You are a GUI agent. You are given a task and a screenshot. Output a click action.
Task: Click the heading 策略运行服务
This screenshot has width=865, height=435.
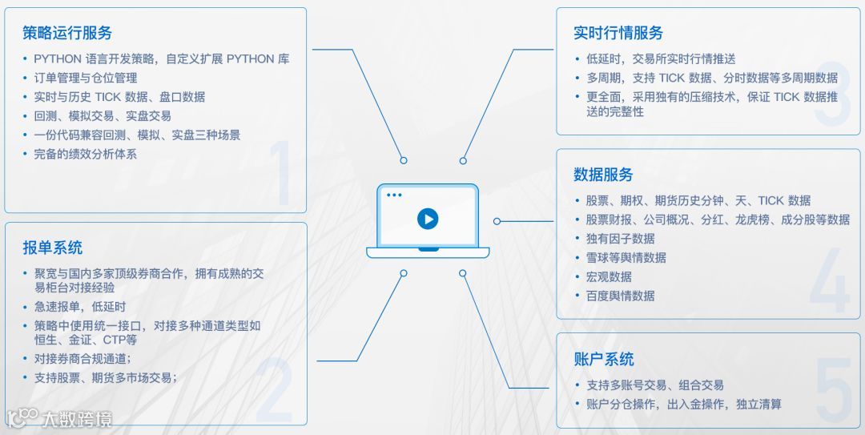pyautogui.click(x=67, y=33)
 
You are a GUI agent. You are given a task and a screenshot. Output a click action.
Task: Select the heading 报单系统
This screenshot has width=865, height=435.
pyautogui.click(x=52, y=248)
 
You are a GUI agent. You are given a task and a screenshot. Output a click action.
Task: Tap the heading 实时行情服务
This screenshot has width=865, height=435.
pyautogui.click(x=618, y=33)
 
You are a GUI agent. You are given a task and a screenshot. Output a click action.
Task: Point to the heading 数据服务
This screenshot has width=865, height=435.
pyautogui.click(x=603, y=175)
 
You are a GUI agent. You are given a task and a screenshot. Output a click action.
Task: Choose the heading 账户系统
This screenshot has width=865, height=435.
pyautogui.click(x=603, y=359)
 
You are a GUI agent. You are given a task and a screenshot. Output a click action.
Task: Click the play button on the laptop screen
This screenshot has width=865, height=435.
pyautogui.click(x=428, y=219)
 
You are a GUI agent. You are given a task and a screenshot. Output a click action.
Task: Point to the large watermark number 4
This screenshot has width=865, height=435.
pyautogui.click(x=829, y=280)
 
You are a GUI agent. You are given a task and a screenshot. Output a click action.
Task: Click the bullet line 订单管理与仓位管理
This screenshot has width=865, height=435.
pyautogui.click(x=85, y=78)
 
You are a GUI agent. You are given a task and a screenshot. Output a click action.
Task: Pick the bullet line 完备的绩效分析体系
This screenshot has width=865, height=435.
pyautogui.click(x=85, y=154)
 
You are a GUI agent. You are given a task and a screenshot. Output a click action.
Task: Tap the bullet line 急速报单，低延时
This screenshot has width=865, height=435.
pyautogui.click(x=79, y=307)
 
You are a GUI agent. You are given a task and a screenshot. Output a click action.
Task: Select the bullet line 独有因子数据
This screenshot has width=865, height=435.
pyautogui.click(x=620, y=239)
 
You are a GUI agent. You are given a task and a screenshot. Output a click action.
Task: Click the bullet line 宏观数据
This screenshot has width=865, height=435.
pyautogui.click(x=609, y=276)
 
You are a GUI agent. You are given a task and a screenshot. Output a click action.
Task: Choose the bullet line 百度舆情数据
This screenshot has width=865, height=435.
pyautogui.click(x=620, y=296)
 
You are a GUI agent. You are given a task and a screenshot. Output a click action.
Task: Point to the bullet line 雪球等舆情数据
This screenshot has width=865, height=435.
pyautogui.click(x=626, y=258)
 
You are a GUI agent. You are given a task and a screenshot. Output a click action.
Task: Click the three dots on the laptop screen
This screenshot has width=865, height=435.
pyautogui.click(x=393, y=195)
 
